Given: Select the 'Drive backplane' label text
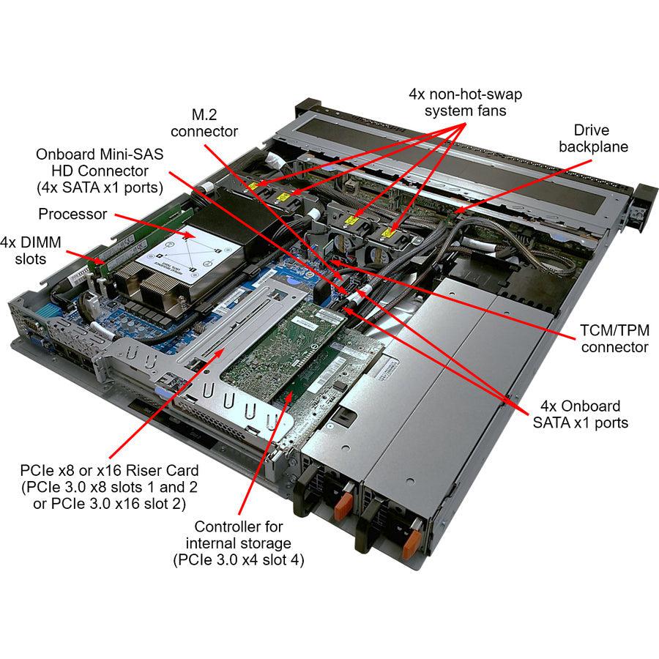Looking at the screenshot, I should (x=593, y=138).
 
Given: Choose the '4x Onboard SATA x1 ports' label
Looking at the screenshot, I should (x=579, y=414).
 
